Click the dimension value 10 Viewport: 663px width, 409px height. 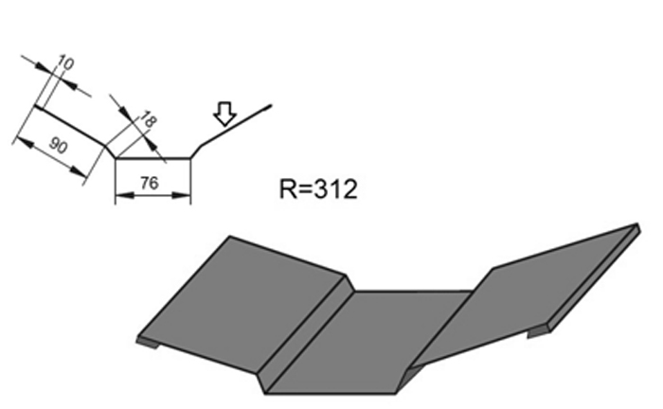coord(65,65)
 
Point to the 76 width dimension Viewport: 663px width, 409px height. coord(149,185)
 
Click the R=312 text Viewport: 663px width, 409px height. coord(318,188)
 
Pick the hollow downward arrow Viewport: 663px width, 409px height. coord(224,115)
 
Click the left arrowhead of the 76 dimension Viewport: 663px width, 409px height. coord(119,197)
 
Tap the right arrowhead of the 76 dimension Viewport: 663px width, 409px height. coord(187,197)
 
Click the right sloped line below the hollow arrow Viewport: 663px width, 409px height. coord(237,123)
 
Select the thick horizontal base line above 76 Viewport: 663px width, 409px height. coord(152,158)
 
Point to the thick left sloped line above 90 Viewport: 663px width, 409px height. coord(70,127)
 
